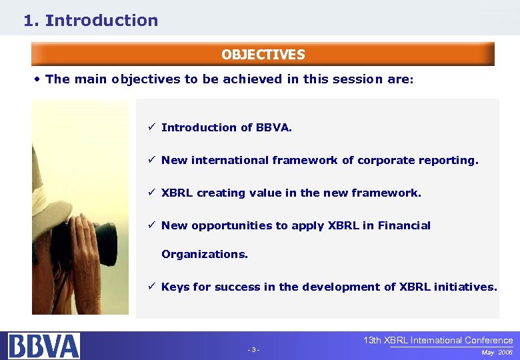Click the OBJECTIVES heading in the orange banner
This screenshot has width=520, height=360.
click(263, 55)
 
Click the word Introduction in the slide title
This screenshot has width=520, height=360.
click(101, 21)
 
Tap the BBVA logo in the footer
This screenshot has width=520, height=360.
click(44, 346)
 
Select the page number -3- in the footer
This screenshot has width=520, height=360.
click(253, 350)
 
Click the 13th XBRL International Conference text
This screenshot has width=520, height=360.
click(438, 340)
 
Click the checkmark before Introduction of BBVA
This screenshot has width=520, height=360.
click(152, 127)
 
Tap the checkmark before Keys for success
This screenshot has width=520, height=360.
click(152, 287)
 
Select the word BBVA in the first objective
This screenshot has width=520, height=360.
click(273, 127)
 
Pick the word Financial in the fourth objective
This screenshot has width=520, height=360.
click(404, 225)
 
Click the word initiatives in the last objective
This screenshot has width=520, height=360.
click(465, 287)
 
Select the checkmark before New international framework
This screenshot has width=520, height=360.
click(152, 160)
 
